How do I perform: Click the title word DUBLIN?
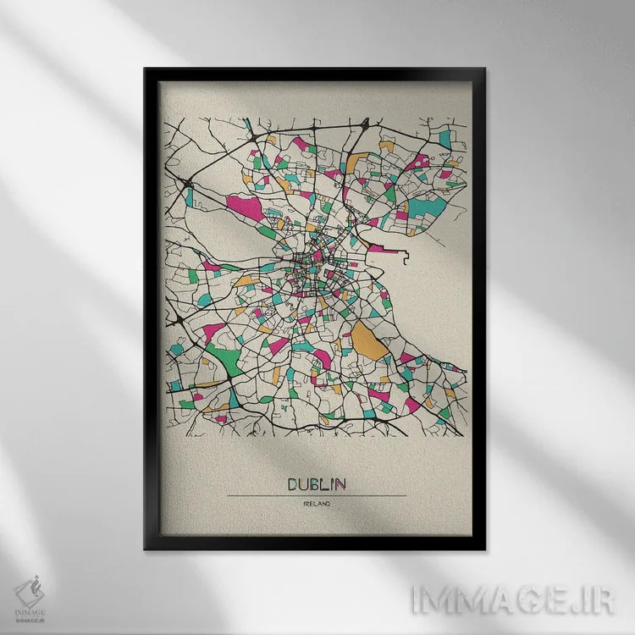(317, 484)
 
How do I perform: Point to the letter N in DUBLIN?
(340, 484)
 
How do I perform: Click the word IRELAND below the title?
(317, 505)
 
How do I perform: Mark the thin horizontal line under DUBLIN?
(317, 495)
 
